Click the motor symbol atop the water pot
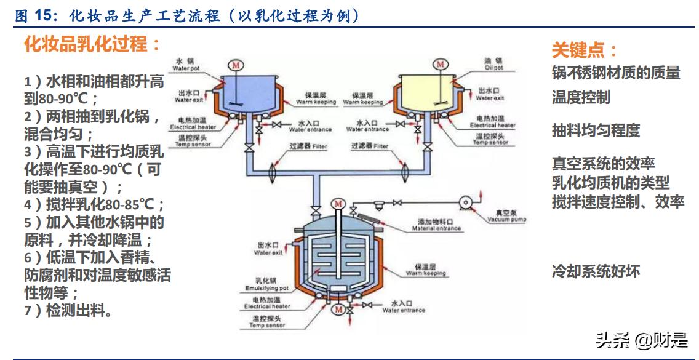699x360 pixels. [234, 64]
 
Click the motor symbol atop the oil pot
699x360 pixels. [439, 64]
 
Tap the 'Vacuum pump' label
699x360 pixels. [507, 215]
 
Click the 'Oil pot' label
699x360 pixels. [493, 64]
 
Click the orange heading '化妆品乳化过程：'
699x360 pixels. [92, 44]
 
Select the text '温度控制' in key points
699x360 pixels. [581, 97]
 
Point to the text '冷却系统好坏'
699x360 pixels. [596, 271]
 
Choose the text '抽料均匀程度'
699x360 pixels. [596, 130]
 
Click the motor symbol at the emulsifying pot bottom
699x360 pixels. [338, 310]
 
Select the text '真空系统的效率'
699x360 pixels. [603, 163]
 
